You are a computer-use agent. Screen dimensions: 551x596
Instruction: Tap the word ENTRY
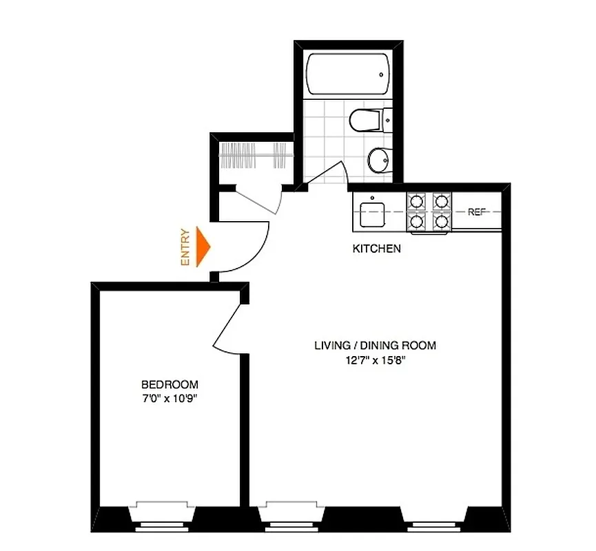point(185,247)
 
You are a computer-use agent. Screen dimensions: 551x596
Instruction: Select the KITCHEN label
point(376,249)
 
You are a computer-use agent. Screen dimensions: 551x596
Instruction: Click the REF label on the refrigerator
point(477,212)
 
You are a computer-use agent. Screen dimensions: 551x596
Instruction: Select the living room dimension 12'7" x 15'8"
point(376,359)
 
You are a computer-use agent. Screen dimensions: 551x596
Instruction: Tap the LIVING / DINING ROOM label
point(376,346)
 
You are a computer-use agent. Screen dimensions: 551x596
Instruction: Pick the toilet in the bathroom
point(369,121)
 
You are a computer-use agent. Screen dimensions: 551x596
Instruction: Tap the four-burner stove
point(429,211)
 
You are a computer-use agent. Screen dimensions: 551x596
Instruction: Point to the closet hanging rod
point(253,156)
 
